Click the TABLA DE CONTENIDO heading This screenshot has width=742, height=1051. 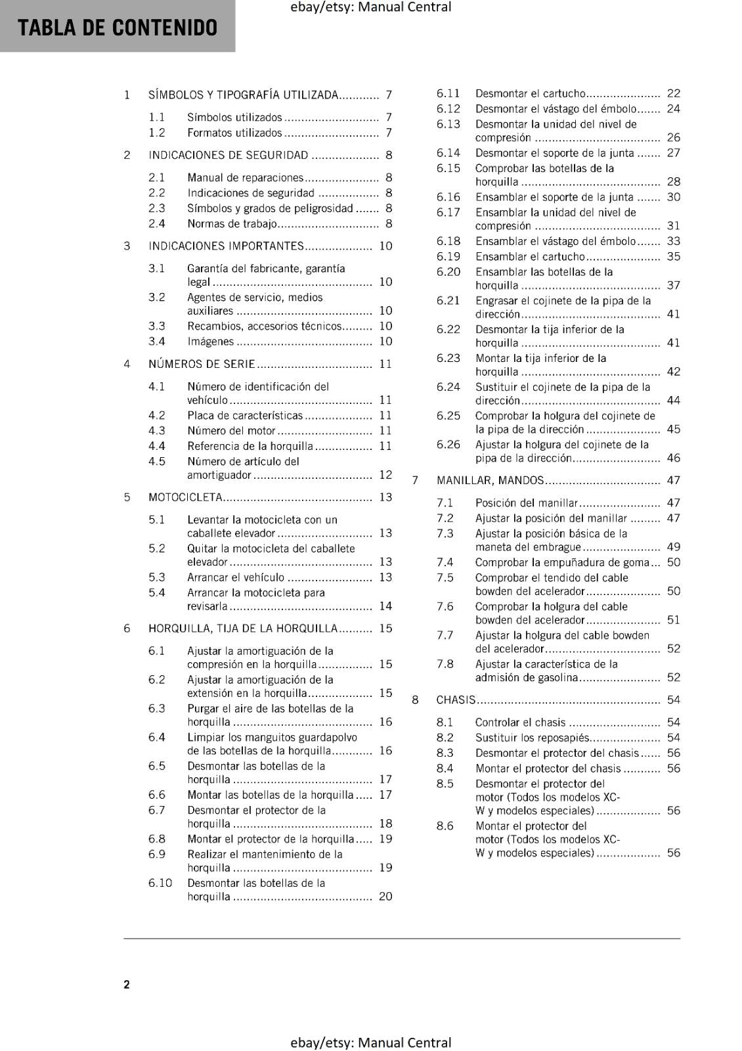[x=118, y=28]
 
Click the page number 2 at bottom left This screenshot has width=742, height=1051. [x=127, y=984]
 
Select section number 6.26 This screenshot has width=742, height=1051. [x=448, y=445]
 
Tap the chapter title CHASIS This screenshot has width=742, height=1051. [x=456, y=700]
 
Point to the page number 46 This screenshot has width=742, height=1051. [x=673, y=458]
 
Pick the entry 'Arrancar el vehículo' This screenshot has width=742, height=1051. [x=236, y=577]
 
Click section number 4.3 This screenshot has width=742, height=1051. [x=156, y=431]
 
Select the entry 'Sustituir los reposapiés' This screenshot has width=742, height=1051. [x=532, y=738]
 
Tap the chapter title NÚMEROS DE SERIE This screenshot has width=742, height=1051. [x=202, y=364]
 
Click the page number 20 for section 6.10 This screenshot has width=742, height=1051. [x=385, y=897]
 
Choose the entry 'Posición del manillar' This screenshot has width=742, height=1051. [x=526, y=503]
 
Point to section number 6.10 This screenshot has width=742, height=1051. [x=160, y=883]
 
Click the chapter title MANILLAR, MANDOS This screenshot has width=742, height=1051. [x=490, y=481]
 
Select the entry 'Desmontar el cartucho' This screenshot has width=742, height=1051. [x=530, y=94]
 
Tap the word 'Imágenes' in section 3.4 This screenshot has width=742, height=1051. [x=210, y=342]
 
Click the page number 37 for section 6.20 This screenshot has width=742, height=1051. [x=673, y=286]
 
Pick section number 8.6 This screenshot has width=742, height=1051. [x=445, y=826]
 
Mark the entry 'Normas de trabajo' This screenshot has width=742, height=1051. [x=232, y=224]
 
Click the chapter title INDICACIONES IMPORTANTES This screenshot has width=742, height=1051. [x=226, y=246]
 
